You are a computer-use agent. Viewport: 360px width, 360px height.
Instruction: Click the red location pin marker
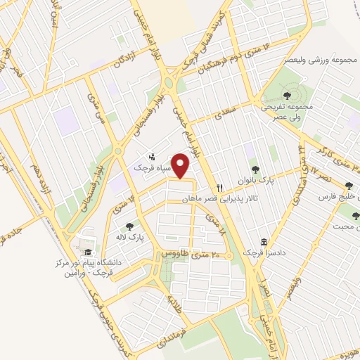181,166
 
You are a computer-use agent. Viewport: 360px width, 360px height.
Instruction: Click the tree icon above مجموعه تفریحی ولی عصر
287,95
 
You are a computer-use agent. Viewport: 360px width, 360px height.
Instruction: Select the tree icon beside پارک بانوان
255,169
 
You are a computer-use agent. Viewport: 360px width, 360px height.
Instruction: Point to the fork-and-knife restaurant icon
220,188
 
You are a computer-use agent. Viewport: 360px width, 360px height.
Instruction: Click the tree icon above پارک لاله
129,226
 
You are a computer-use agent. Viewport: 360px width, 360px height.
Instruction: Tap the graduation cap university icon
87,252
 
